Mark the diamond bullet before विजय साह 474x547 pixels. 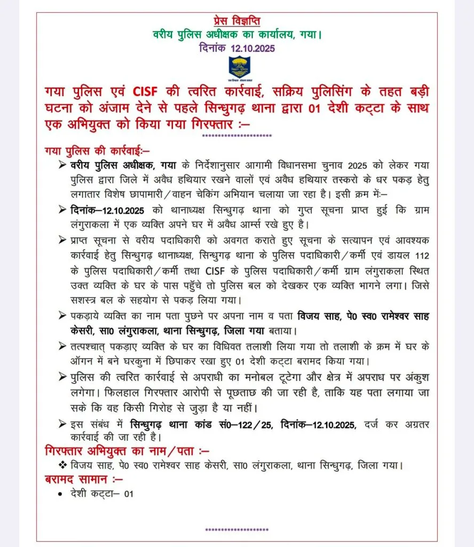pyautogui.click(x=62, y=465)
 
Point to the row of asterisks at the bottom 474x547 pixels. pyautogui.click(x=236, y=530)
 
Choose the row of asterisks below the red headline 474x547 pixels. pyautogui.click(x=236, y=137)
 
